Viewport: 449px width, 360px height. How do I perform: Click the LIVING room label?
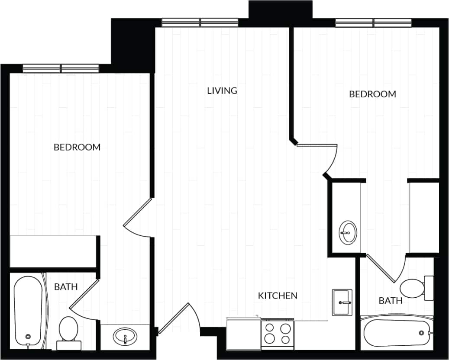click(222, 90)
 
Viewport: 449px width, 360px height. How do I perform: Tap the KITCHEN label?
click(278, 296)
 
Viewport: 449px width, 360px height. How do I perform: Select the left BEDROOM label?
click(77, 147)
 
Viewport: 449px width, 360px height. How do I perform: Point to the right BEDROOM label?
click(372, 94)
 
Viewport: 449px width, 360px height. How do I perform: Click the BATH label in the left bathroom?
click(66, 286)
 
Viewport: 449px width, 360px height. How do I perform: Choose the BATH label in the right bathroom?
click(391, 300)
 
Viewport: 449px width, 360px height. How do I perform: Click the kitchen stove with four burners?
click(277, 333)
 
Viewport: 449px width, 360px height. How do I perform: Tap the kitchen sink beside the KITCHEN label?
click(342, 302)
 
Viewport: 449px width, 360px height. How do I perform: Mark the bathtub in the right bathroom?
click(396, 333)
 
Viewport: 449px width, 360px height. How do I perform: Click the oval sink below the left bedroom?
click(125, 336)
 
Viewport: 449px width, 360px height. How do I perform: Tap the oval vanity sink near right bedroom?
click(348, 232)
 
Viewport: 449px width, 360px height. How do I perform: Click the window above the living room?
click(200, 22)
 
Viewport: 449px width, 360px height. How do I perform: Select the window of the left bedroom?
click(61, 68)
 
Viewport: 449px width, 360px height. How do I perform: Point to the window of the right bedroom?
click(373, 22)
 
